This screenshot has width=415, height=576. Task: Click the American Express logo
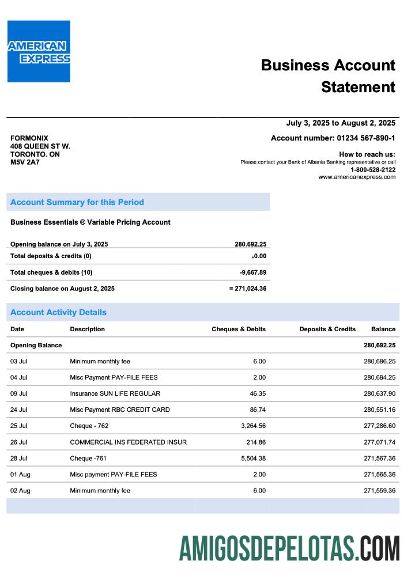pos(39,51)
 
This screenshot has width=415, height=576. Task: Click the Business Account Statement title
pos(328,76)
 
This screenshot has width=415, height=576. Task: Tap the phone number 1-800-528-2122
pos(372,169)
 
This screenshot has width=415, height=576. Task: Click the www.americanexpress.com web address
pos(357,177)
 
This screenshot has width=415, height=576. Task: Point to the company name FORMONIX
pos(29,138)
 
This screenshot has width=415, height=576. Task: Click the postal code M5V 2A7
pos(25,162)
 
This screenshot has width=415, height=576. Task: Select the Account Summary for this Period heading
pos(77,202)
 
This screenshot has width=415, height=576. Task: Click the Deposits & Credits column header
pos(327,329)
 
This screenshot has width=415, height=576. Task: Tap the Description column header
pos(88,329)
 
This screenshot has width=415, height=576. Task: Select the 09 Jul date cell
pos(19,393)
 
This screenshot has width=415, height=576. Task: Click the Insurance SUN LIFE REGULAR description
pos(115,393)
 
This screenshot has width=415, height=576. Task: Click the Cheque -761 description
pos(88,458)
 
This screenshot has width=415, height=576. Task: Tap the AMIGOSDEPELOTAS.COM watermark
pos(289,548)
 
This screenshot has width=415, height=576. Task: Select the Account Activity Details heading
pos(58,312)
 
